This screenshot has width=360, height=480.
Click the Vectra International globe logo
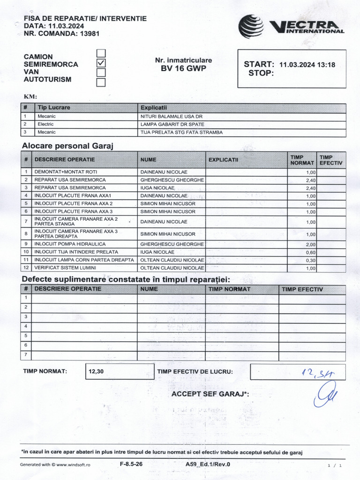click(251, 26)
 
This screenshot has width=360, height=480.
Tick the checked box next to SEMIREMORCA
click(101, 63)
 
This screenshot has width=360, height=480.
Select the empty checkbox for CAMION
click(101, 53)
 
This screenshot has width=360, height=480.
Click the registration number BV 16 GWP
click(183, 68)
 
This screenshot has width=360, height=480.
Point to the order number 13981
click(90, 33)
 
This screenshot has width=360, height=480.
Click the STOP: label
click(261, 74)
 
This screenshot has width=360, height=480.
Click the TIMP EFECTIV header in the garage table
click(331, 160)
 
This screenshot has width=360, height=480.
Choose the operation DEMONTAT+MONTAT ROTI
click(63, 172)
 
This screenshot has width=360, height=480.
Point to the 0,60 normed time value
click(311, 253)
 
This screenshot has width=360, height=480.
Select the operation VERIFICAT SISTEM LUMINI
click(65, 268)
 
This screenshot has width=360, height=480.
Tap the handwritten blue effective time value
click(318, 373)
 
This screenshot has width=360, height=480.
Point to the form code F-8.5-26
click(132, 464)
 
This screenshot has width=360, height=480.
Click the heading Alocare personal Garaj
click(68, 145)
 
